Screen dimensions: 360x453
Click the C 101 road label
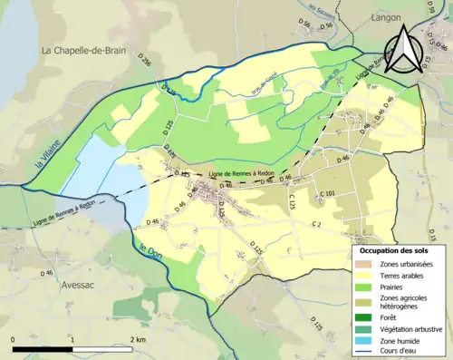point(328,194)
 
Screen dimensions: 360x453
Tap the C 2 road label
point(315,223)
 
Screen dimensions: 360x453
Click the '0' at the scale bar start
point(14,339)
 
